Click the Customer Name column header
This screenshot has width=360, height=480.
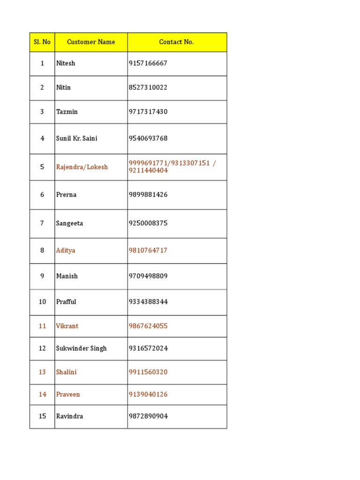[91, 42]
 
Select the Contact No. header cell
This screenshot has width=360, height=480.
[176, 42]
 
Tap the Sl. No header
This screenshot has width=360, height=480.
[42, 42]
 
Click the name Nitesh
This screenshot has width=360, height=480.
[66, 63]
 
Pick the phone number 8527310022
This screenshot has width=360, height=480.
[148, 88]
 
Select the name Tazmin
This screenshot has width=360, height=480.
[67, 112]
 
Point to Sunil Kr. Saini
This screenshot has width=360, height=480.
[77, 139]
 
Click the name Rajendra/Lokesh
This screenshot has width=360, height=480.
[82, 167]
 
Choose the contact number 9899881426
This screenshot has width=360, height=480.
[148, 195]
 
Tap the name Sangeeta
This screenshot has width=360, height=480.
[69, 224]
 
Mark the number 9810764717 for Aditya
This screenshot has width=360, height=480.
[148, 251]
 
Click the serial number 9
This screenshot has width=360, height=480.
[42, 277]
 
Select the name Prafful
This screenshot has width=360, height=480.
[66, 302]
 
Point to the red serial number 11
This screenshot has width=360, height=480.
[42, 326]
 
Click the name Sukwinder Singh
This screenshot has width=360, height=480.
[82, 349]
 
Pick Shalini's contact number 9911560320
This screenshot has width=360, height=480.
[148, 372]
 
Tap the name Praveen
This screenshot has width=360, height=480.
[68, 395]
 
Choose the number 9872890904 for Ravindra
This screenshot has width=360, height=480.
[148, 416]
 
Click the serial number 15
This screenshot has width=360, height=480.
[42, 416]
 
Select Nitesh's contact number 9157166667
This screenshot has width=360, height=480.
[148, 63]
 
